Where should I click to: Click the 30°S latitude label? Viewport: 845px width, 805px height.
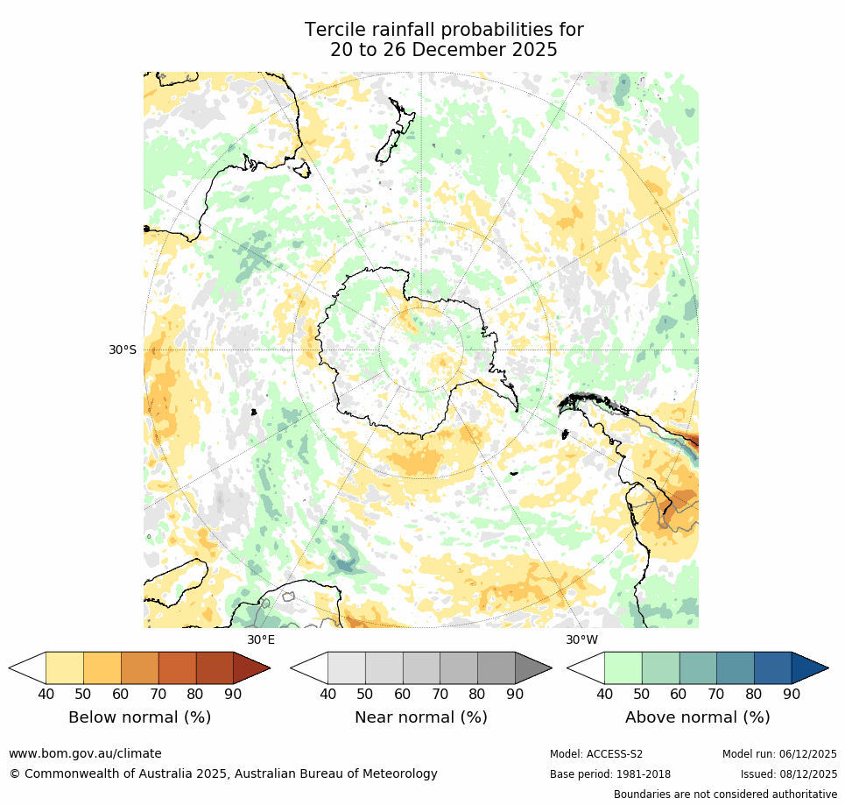[123, 350]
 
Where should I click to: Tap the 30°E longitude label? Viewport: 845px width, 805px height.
[260, 639]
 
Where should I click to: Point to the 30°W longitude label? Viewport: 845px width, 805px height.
[581, 639]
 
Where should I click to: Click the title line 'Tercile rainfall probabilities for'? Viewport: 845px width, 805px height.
[444, 30]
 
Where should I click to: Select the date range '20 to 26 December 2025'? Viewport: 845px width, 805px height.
[444, 50]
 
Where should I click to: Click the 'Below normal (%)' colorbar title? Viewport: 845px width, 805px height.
[139, 717]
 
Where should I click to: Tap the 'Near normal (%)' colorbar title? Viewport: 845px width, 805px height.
[420, 717]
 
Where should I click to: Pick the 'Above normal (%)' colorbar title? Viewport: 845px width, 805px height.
[697, 717]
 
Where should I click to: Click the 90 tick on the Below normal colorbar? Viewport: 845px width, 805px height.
[233, 694]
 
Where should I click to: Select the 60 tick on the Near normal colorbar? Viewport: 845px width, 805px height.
[403, 694]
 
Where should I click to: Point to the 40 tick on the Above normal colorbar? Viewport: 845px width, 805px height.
[604, 694]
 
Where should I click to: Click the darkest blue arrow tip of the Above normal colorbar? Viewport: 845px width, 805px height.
[809, 667]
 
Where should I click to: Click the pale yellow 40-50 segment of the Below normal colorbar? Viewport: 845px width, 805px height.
[64, 667]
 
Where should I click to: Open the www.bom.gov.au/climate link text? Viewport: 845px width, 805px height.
[85, 753]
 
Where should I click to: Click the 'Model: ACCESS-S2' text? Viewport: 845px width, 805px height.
[596, 754]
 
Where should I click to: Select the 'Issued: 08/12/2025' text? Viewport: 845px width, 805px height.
[788, 774]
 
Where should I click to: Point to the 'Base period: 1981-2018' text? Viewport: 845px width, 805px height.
[610, 774]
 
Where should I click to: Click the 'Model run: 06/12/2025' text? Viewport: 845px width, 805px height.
[779, 754]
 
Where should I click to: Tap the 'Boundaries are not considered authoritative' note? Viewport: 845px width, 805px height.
[725, 794]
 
